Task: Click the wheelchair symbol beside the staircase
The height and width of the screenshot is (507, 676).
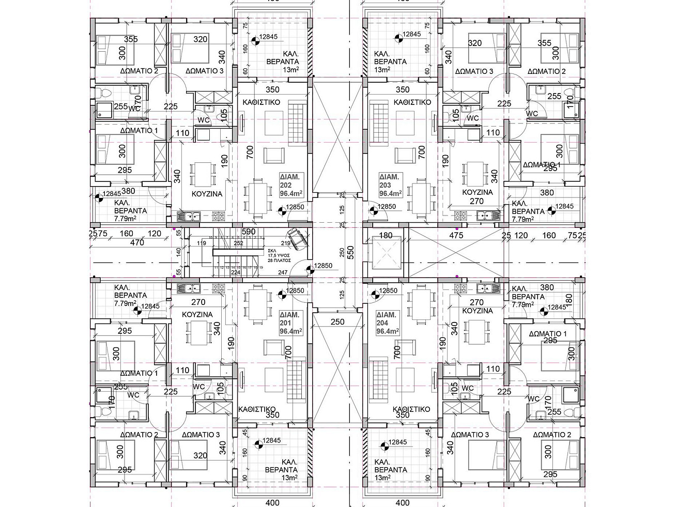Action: (297, 238)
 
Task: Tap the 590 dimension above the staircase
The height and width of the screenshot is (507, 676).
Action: (249, 232)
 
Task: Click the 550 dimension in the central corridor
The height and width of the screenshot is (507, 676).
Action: (349, 252)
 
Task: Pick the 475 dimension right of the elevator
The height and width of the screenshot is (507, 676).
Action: (455, 235)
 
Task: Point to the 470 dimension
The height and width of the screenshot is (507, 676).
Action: (137, 242)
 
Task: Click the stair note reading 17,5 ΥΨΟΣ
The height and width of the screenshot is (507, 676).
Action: (279, 255)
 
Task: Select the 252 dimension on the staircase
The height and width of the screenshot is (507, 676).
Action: (238, 242)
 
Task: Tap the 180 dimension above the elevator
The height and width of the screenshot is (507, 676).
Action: (386, 236)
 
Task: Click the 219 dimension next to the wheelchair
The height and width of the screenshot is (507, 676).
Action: (285, 242)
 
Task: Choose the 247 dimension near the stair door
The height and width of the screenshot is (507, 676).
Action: (282, 272)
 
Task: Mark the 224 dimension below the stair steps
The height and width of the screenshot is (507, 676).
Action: (235, 273)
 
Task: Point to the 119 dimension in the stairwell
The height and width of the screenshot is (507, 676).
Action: (201, 242)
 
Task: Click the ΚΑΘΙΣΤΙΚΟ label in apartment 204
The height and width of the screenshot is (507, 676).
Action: (411, 409)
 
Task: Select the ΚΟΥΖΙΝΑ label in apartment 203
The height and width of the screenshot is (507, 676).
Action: (477, 192)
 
